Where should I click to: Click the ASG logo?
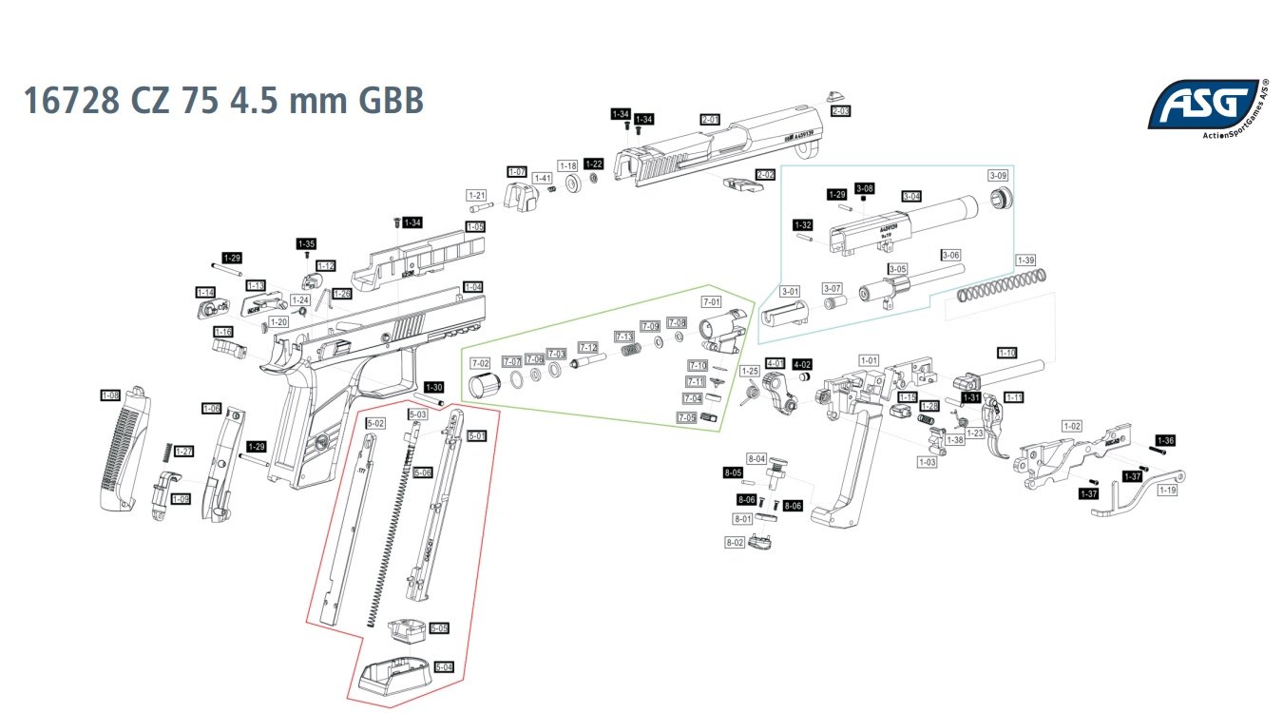coord(1205,105)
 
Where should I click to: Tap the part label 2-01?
coord(710,119)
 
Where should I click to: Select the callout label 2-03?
coord(840,111)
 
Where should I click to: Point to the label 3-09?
coord(998,176)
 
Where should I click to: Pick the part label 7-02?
coord(481,363)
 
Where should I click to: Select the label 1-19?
coord(1168,491)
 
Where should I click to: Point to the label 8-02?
coord(734,542)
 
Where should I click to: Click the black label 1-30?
coord(433,387)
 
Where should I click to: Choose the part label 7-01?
coord(712,301)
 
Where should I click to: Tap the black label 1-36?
coord(1166,440)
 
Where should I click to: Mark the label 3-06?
coord(950,255)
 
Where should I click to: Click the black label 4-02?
coord(802,364)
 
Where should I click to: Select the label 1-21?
coord(477,195)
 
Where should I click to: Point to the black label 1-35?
coord(306,243)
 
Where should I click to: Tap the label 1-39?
coord(1025,260)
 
